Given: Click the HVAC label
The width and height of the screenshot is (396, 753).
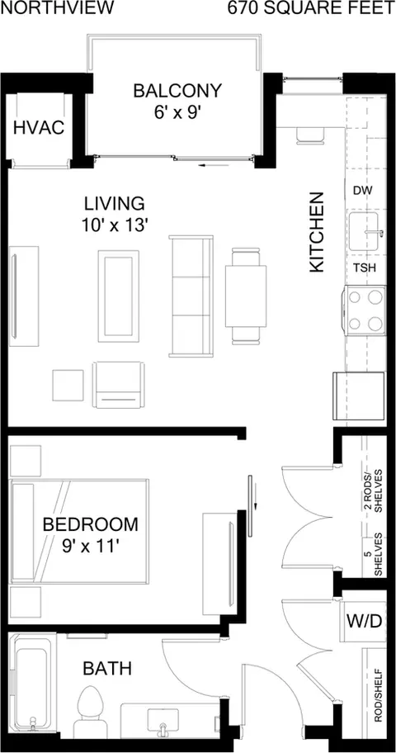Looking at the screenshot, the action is [x=39, y=128].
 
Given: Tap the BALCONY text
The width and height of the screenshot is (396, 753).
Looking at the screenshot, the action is [x=177, y=90].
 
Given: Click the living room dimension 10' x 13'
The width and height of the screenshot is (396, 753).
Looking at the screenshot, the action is [x=114, y=225].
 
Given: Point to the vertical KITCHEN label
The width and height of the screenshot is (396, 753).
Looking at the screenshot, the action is [x=317, y=233].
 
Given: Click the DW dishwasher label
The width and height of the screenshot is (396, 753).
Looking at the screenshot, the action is [x=363, y=191].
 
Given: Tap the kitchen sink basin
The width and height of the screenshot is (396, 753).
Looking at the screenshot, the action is [x=367, y=233].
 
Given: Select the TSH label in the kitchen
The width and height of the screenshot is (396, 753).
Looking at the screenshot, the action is [x=365, y=268].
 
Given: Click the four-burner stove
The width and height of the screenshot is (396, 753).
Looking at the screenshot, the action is [x=365, y=310].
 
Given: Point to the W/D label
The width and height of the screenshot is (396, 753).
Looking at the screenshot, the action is [x=365, y=621].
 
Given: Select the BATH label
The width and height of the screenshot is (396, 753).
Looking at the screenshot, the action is [x=107, y=668].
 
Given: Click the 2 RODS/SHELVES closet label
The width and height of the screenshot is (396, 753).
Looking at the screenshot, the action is [x=375, y=490].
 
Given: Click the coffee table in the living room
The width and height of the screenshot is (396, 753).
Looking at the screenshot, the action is [x=119, y=296].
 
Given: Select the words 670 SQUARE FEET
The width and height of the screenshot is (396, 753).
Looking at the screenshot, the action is [x=311, y=8].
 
